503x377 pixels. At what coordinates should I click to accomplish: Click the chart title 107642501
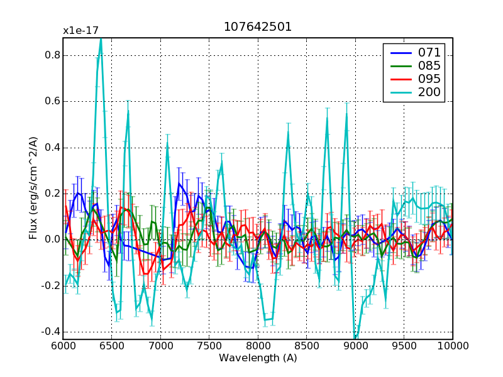[258, 28]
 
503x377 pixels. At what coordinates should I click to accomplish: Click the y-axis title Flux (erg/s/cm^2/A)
[33, 188]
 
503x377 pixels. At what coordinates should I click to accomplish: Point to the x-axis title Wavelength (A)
[258, 358]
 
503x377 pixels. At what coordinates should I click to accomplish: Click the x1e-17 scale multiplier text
[80, 31]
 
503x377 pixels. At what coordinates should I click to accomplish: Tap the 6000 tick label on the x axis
[63, 346]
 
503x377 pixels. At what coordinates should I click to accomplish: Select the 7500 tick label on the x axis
[209, 346]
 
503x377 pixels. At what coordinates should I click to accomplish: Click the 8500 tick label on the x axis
[307, 346]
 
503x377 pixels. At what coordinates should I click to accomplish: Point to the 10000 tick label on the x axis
[453, 346]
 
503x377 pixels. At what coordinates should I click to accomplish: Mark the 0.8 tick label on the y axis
[52, 55]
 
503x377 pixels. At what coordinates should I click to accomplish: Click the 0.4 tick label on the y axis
[52, 148]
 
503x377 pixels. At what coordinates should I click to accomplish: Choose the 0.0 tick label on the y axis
[52, 239]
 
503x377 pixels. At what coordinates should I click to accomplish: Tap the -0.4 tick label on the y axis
[50, 332]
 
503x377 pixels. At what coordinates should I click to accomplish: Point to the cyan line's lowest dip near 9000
[356, 338]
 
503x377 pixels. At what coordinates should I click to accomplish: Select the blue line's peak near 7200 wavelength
[179, 183]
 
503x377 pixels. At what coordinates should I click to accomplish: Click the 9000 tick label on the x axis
[355, 346]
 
